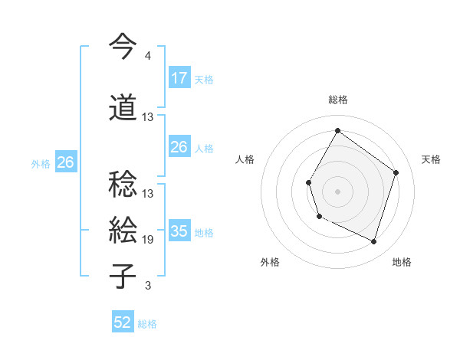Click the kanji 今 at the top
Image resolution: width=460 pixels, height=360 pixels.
pos(123,47)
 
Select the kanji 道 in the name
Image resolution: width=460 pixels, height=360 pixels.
pos(123,107)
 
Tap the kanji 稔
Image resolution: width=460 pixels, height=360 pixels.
pos(123,184)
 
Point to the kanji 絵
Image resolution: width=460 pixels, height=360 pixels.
pos(123,230)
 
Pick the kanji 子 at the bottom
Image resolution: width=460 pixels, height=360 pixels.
pos(123,276)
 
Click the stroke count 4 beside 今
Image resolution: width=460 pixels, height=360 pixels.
pos(147,56)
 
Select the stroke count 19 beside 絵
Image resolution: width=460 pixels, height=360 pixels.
pos(148,240)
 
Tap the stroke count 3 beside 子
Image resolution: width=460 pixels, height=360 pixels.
pos(148,286)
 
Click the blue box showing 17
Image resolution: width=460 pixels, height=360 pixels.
pos(179,77)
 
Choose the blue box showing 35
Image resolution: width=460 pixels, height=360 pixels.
pos(179,231)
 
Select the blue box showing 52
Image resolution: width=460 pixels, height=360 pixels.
pos(123,322)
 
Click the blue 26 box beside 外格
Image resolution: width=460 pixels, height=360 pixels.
pos(65,162)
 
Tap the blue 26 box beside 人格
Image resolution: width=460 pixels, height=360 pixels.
pos(179,147)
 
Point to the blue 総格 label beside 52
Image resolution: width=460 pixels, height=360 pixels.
pos(147,324)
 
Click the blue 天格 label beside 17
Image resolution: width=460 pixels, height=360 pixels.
pos(204,79)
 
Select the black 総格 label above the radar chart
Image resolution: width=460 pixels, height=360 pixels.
pos(337,100)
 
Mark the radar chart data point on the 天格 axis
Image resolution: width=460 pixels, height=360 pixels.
pos(396,172)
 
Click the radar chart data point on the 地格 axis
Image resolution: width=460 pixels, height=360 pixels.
pos(373,241)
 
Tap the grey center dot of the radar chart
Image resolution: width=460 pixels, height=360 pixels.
pos(337,191)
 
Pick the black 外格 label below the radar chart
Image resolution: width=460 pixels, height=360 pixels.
pos(270,262)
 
